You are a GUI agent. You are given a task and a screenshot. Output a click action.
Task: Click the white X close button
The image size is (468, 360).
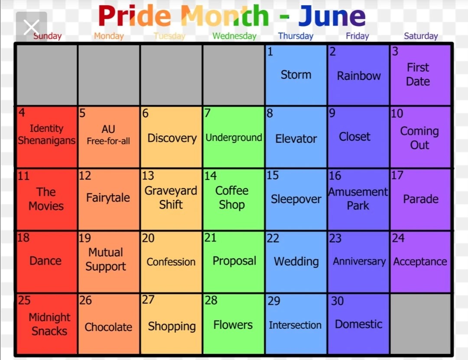(x=31, y=27)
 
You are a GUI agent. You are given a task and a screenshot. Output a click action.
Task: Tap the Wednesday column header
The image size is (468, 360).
(x=234, y=36)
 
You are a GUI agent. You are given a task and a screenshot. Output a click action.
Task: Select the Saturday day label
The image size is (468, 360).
(x=421, y=36)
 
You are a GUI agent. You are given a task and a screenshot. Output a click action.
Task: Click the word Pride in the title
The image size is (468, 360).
(x=135, y=16)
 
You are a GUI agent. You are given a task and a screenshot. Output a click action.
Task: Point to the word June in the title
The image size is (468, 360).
(x=332, y=16)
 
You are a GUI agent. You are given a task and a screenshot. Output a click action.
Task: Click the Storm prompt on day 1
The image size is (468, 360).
(x=296, y=75)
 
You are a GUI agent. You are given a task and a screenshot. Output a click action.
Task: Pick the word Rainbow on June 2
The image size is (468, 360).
(x=359, y=76)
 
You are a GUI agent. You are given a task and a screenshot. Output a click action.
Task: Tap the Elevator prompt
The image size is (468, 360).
(x=296, y=139)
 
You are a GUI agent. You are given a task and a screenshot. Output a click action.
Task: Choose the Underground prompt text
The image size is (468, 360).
(x=234, y=138)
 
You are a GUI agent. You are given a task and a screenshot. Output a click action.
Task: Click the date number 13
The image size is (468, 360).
(x=148, y=176)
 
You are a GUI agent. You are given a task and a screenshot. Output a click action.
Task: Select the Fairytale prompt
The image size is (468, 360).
(x=108, y=198)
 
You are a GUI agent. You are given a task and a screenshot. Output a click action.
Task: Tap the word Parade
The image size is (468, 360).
(x=421, y=199)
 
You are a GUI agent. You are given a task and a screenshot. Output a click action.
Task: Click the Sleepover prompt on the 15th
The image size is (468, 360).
(x=296, y=199)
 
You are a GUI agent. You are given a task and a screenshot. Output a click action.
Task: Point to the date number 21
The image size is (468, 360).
(x=211, y=238)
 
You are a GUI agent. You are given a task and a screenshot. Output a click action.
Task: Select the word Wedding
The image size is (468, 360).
(x=296, y=262)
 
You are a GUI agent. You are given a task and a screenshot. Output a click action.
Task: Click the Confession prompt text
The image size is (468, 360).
(x=171, y=262)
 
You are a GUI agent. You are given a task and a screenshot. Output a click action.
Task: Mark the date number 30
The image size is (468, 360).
(x=338, y=301)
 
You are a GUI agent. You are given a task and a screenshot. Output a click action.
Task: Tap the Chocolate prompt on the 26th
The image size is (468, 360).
(x=108, y=327)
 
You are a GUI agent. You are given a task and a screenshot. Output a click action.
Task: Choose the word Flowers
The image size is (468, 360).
(x=233, y=325)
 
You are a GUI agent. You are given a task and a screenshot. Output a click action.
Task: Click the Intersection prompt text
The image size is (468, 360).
(x=295, y=325)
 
